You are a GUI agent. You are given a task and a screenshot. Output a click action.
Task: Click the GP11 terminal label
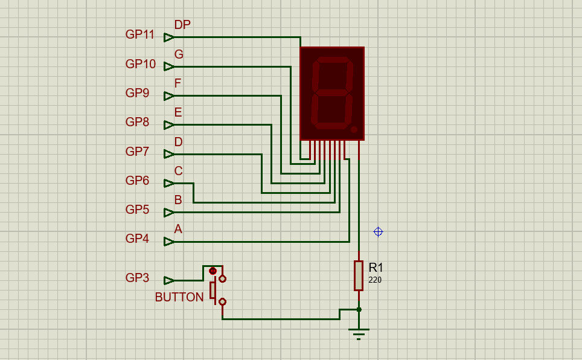(x=140, y=35)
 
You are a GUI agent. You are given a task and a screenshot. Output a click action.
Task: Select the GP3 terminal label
(x=137, y=278)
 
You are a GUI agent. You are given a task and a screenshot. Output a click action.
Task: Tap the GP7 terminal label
(x=137, y=152)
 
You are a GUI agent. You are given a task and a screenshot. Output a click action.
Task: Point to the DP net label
(x=182, y=25)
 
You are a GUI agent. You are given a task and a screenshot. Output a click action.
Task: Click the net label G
(x=179, y=54)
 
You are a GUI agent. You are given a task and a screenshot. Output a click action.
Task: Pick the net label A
(x=178, y=230)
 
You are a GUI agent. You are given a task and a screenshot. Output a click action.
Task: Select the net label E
(x=178, y=113)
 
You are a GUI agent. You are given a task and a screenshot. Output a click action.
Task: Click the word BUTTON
(x=179, y=298)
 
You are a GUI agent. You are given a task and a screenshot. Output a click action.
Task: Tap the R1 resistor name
(x=376, y=268)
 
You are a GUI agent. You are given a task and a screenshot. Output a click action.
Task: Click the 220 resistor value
(x=375, y=280)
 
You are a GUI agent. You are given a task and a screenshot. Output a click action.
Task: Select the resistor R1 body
(x=359, y=275)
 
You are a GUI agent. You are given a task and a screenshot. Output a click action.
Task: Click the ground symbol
(x=359, y=333)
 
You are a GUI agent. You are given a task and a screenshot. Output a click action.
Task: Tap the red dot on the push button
(x=213, y=271)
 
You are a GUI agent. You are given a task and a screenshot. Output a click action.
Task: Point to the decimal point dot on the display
(x=354, y=129)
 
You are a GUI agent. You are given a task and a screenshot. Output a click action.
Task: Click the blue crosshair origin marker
(x=378, y=232)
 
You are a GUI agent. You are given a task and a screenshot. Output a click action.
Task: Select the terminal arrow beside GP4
(x=168, y=242)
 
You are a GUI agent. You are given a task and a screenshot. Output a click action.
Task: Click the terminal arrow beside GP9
(x=168, y=96)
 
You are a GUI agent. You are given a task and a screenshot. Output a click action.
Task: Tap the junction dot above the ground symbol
(x=359, y=309)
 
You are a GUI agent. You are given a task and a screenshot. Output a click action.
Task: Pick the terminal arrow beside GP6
(x=168, y=183)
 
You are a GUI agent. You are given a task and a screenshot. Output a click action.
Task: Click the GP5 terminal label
(x=137, y=210)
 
